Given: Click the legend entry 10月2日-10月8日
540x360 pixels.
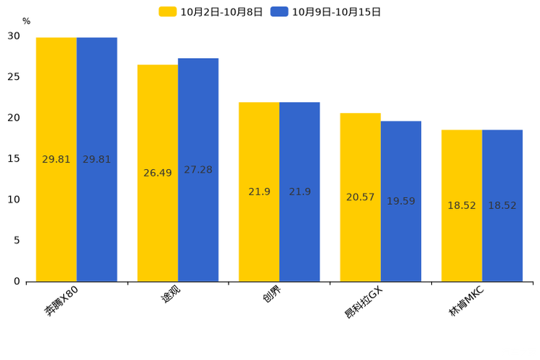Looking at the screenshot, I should pos(210,12).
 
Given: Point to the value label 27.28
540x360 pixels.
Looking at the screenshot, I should pos(198,170).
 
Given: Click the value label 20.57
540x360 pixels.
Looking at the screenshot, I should pos(361,197).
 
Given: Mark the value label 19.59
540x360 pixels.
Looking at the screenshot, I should pos(401,202).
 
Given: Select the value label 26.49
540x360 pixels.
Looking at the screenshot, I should pos(157,173).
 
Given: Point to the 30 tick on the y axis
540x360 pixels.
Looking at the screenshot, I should pos(14,36).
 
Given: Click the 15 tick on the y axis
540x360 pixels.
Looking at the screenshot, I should pos(14,159).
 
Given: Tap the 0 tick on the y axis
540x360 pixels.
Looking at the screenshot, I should pos(17,282).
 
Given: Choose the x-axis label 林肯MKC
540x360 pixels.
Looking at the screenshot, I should pos(465,302).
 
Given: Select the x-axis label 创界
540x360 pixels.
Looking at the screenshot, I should pos(272,297).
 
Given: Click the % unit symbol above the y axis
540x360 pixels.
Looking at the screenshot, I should pos(26,22).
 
